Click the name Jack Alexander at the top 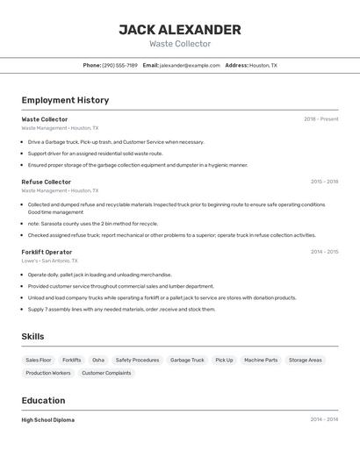click(x=180, y=30)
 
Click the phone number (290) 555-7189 click(x=119, y=65)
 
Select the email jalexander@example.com click(x=190, y=65)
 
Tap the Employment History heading click(x=65, y=100)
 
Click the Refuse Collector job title click(x=47, y=182)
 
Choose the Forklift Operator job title click(x=47, y=252)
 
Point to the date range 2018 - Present click(x=320, y=119)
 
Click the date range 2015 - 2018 click(x=324, y=182)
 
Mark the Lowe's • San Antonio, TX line click(x=49, y=261)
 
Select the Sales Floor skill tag click(x=39, y=360)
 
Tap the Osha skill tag click(x=98, y=360)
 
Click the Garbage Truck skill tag click(x=187, y=360)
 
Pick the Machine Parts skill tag click(x=261, y=360)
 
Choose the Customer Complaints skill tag click(x=106, y=373)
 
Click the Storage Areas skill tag click(x=306, y=360)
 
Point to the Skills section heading click(x=33, y=337)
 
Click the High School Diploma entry click(x=48, y=420)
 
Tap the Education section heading click(x=44, y=400)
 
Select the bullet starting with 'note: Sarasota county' click(x=93, y=224)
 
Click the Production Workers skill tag click(x=48, y=373)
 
